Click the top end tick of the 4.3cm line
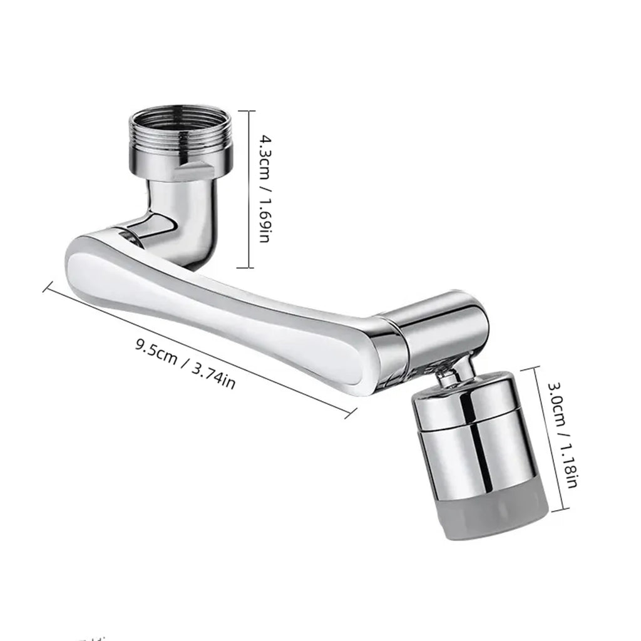(249, 111)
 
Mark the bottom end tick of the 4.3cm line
(249, 268)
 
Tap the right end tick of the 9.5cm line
(351, 411)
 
